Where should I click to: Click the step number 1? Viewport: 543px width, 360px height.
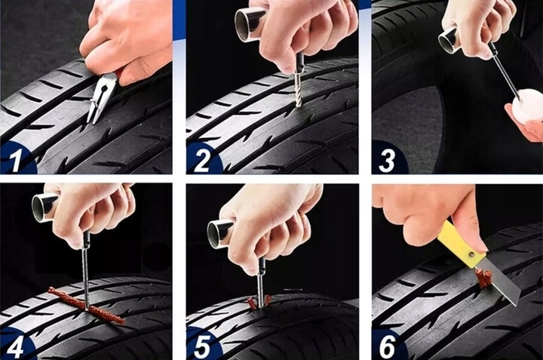coord(14,159)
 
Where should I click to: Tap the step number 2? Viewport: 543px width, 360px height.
coord(201,160)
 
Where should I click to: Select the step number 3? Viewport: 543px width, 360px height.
coord(386,160)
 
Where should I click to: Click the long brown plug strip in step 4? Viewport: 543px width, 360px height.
coord(87,305)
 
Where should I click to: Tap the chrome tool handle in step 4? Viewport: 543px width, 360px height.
coord(45,207)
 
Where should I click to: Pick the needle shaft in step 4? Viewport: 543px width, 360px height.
coord(85,273)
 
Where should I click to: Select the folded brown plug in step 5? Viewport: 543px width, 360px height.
coord(258,301)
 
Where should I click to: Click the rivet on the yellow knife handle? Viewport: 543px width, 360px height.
coord(471,255)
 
